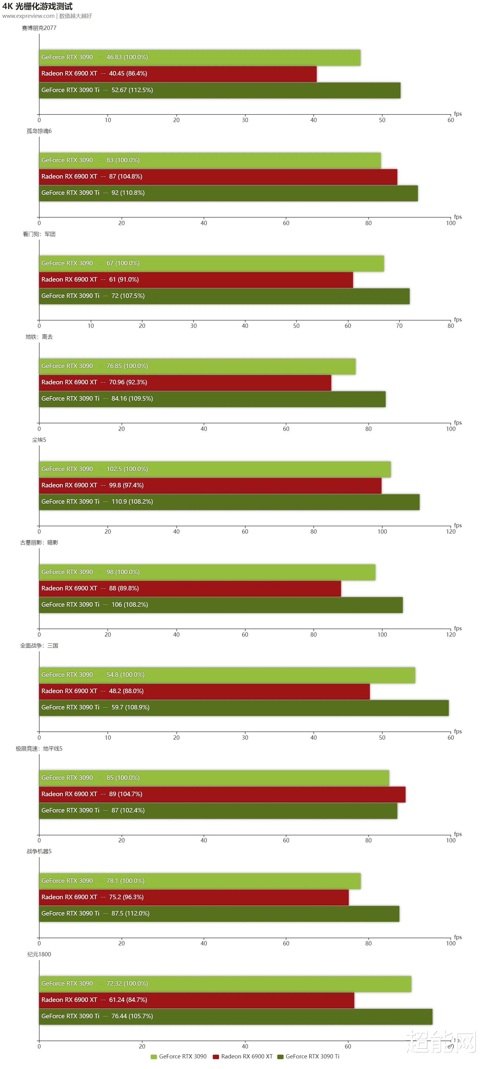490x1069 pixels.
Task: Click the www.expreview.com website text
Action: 28,16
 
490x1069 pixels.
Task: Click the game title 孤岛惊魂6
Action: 39,131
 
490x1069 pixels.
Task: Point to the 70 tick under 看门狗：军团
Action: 399,326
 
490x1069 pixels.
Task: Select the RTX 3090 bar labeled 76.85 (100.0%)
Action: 197,366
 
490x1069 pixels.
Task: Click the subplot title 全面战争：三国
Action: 39,646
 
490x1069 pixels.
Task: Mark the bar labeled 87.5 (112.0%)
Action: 219,913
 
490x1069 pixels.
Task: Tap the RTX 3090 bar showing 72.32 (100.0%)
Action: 225,983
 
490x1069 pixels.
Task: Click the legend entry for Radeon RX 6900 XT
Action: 243,1056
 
